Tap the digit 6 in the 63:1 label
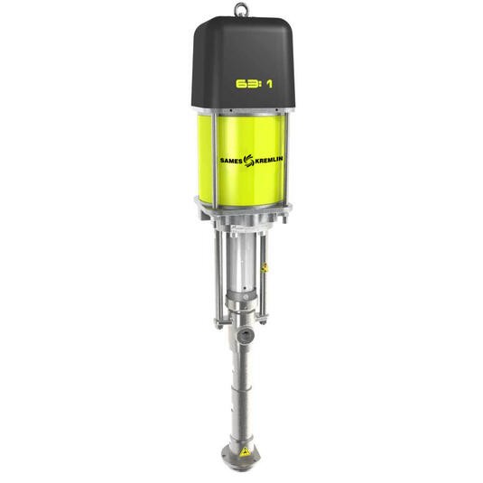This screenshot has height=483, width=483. [241, 84]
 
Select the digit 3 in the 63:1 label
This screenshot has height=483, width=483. [252, 84]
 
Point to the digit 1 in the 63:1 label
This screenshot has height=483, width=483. [269, 84]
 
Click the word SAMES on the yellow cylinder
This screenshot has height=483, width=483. [231, 161]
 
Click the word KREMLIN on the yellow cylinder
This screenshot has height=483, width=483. [269, 160]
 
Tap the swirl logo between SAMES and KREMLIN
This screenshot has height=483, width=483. [248, 161]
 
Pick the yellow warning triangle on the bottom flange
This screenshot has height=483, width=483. [246, 450]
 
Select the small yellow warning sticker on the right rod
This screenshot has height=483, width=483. [264, 267]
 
